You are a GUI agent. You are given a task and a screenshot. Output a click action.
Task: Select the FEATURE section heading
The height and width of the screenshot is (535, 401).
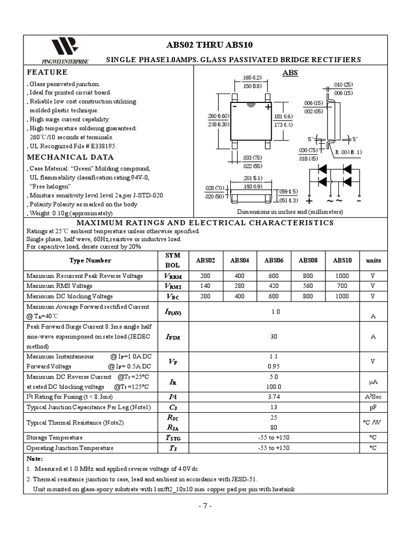click(47, 72)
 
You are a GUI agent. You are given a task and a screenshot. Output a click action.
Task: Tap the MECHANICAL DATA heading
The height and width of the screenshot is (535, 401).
click(70, 157)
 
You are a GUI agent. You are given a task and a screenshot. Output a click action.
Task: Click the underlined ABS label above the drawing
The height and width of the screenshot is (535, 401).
click(290, 73)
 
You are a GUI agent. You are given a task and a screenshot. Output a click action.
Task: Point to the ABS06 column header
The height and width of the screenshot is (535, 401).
click(274, 260)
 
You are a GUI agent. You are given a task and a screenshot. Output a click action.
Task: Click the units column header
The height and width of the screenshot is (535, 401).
click(373, 260)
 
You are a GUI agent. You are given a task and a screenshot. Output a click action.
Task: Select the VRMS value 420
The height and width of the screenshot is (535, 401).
click(274, 286)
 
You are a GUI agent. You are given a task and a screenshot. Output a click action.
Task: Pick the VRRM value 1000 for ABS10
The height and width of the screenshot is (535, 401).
click(343, 276)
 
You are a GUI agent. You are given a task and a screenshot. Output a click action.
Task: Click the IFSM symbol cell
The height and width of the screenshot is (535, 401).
click(173, 337)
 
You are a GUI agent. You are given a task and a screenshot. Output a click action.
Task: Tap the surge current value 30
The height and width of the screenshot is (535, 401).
click(274, 337)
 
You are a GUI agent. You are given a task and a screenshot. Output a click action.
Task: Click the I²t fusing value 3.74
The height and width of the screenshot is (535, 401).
click(274, 397)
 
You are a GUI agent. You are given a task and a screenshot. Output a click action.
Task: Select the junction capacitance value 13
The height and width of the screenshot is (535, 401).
click(274, 407)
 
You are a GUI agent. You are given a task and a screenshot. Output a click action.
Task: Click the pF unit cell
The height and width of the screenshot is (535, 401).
click(373, 407)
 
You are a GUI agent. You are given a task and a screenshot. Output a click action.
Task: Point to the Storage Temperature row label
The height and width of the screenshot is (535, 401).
click(54, 437)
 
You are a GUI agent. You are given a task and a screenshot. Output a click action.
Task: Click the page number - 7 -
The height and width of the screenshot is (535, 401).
click(205, 506)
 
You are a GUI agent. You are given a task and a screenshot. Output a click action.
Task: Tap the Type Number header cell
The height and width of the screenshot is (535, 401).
click(90, 260)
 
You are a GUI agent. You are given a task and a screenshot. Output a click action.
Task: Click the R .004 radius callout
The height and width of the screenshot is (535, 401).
click(348, 152)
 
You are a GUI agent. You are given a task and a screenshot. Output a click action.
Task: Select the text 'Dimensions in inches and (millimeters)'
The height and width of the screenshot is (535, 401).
click(290, 212)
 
